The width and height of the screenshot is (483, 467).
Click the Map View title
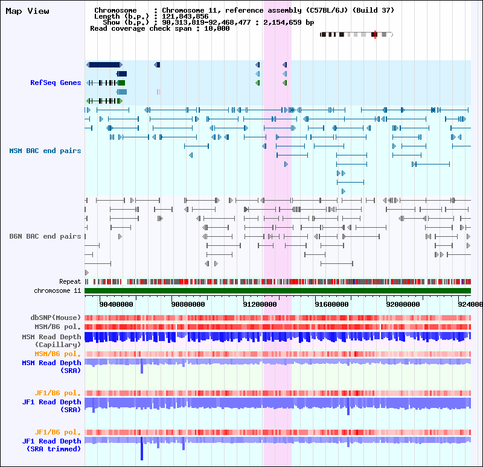pyautogui.click(x=27, y=11)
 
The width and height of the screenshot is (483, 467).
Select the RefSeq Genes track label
pyautogui.click(x=56, y=83)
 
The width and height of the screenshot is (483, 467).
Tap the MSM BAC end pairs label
pyautogui.click(x=45, y=151)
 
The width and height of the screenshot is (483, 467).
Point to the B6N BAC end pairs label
pyautogui.click(x=45, y=236)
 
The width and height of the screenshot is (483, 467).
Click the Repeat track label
pyautogui.click(x=70, y=281)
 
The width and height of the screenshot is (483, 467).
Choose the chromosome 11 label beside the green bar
pyautogui.click(x=57, y=290)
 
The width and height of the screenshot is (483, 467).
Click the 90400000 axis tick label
pyautogui.click(x=117, y=305)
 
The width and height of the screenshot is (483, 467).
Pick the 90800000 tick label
pyautogui.click(x=188, y=305)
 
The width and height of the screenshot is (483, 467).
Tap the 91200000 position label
pyautogui.click(x=260, y=305)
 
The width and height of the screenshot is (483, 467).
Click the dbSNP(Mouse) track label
pyautogui.click(x=56, y=318)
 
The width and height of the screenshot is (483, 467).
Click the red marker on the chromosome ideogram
pyautogui.click(x=375, y=35)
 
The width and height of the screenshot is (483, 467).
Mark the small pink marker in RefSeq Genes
pyautogui.click(x=158, y=92)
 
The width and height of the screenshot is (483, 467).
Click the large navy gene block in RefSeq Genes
pyautogui.click(x=104, y=64)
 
